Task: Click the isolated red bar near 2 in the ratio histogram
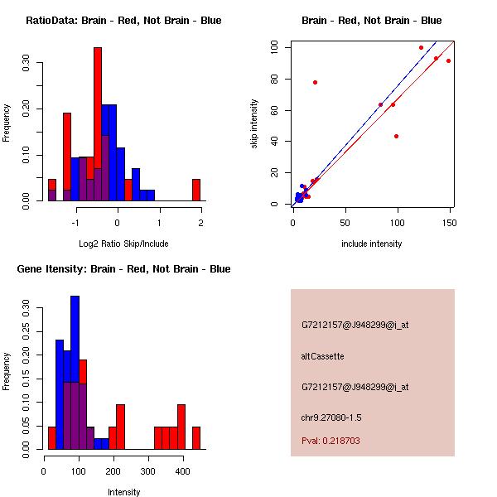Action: [x=196, y=190]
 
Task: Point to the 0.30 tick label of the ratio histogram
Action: [x=26, y=64]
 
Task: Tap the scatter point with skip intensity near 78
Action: [x=315, y=82]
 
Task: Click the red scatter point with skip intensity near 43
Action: [x=396, y=136]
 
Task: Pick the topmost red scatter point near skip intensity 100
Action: [x=421, y=47]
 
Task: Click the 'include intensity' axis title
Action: [x=372, y=244]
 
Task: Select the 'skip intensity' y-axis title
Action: [x=254, y=124]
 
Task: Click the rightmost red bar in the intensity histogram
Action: [x=196, y=437]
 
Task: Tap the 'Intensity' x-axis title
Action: [x=123, y=492]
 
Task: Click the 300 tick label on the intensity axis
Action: [x=148, y=470]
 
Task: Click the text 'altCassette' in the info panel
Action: [x=322, y=356]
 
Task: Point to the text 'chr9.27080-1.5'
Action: [x=331, y=417]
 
